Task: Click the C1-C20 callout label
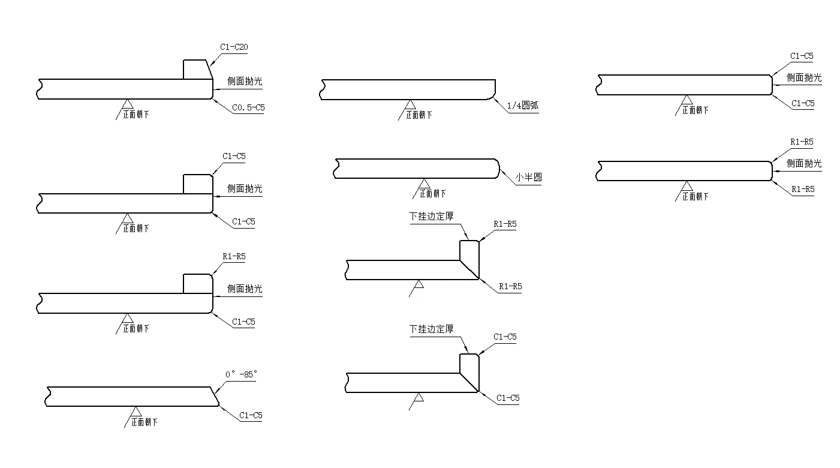(234, 47)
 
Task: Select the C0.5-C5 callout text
(248, 108)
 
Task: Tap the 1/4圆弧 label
(523, 106)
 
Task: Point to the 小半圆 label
(528, 178)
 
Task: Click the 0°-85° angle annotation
(241, 374)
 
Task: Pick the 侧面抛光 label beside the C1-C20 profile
(245, 82)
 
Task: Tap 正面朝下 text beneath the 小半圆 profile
(433, 193)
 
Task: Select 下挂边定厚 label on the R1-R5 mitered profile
(432, 217)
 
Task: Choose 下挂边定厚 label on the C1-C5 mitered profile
(432, 329)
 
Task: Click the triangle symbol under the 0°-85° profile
(136, 412)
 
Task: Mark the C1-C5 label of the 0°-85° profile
(251, 415)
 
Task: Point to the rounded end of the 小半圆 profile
(496, 169)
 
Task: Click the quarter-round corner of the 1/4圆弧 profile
(492, 95)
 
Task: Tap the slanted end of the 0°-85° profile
(213, 396)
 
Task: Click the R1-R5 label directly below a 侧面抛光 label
(803, 189)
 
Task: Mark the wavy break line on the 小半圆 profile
(336, 169)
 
